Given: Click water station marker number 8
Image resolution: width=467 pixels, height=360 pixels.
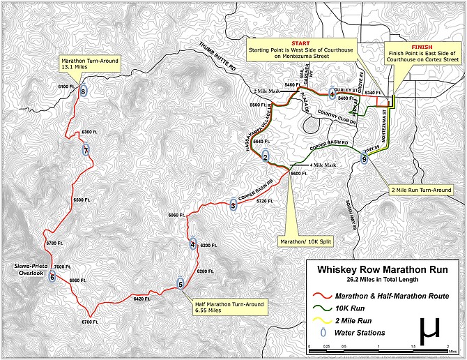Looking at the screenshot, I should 84,91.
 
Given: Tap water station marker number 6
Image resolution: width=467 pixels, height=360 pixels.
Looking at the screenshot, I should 52,276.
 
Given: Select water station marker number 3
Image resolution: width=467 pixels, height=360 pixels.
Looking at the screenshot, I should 233,204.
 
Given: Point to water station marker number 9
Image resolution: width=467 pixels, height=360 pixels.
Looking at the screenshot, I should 364,160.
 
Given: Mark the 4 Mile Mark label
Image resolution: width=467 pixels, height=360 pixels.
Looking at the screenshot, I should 321,165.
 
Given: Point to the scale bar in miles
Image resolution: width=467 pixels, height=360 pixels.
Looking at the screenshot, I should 376,345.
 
